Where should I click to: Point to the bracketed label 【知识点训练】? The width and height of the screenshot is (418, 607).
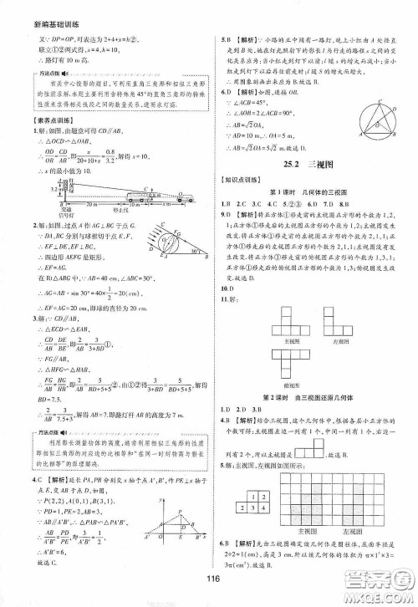(x=246, y=194)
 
